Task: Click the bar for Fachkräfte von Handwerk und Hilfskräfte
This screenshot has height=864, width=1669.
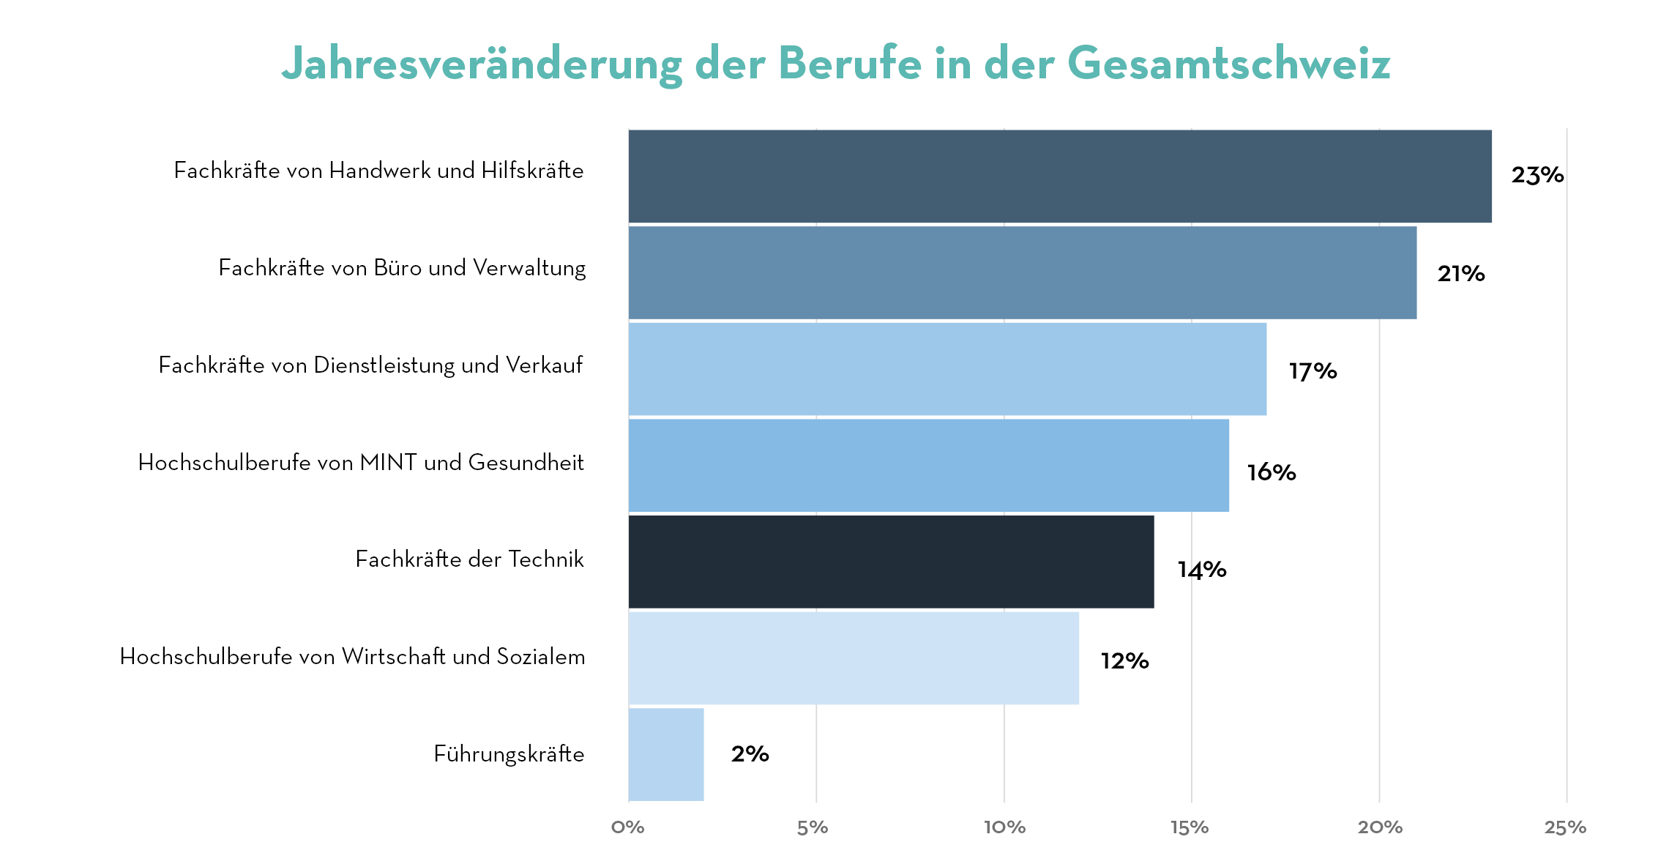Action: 1059,176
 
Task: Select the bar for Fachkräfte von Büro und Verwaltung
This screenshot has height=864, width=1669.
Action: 1022,272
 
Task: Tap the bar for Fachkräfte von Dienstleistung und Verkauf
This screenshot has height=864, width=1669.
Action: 947,369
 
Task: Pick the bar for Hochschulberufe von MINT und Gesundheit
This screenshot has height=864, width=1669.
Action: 928,465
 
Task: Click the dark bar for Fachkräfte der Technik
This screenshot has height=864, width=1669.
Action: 891,562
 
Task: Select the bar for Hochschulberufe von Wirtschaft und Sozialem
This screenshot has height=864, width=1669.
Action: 854,658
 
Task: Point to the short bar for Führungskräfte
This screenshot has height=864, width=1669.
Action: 666,754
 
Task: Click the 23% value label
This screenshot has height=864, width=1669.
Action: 1537,175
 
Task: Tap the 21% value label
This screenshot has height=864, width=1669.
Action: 1460,274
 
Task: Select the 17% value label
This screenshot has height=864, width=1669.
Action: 1313,371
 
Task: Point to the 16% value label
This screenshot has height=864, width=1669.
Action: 1272,472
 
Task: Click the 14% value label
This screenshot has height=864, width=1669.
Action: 1201,569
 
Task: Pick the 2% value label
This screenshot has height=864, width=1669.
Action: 750,753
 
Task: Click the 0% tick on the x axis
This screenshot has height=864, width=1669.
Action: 628,827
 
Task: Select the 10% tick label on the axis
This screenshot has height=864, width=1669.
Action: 1004,827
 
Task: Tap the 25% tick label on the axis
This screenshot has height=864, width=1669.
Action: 1565,827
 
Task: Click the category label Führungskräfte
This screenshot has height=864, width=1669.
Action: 509,753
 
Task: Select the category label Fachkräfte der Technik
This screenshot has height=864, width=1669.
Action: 469,559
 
